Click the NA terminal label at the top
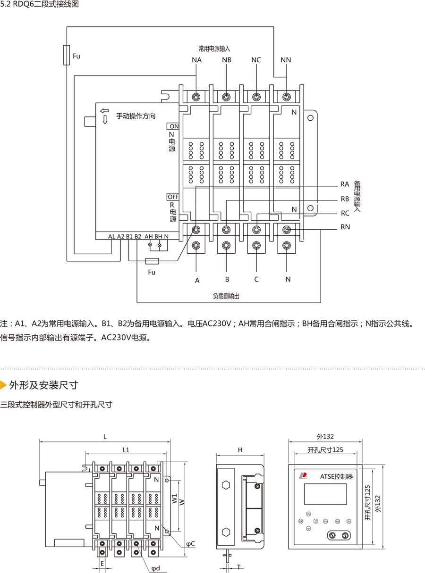196,60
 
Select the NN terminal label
286,60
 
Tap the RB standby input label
345,199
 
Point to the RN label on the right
345,227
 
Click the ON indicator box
173,126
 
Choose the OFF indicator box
173,197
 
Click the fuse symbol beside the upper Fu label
67,55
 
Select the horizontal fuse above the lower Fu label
152,261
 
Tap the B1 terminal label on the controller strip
129,236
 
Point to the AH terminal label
148,236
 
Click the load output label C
256,279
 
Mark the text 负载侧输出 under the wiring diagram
226,296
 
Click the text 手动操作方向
136,116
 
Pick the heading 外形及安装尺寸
43,385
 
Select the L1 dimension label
126,450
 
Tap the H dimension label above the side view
240,450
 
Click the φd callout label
156,568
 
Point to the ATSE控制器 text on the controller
336,477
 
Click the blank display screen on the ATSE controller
325,494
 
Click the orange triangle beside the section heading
3,385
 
